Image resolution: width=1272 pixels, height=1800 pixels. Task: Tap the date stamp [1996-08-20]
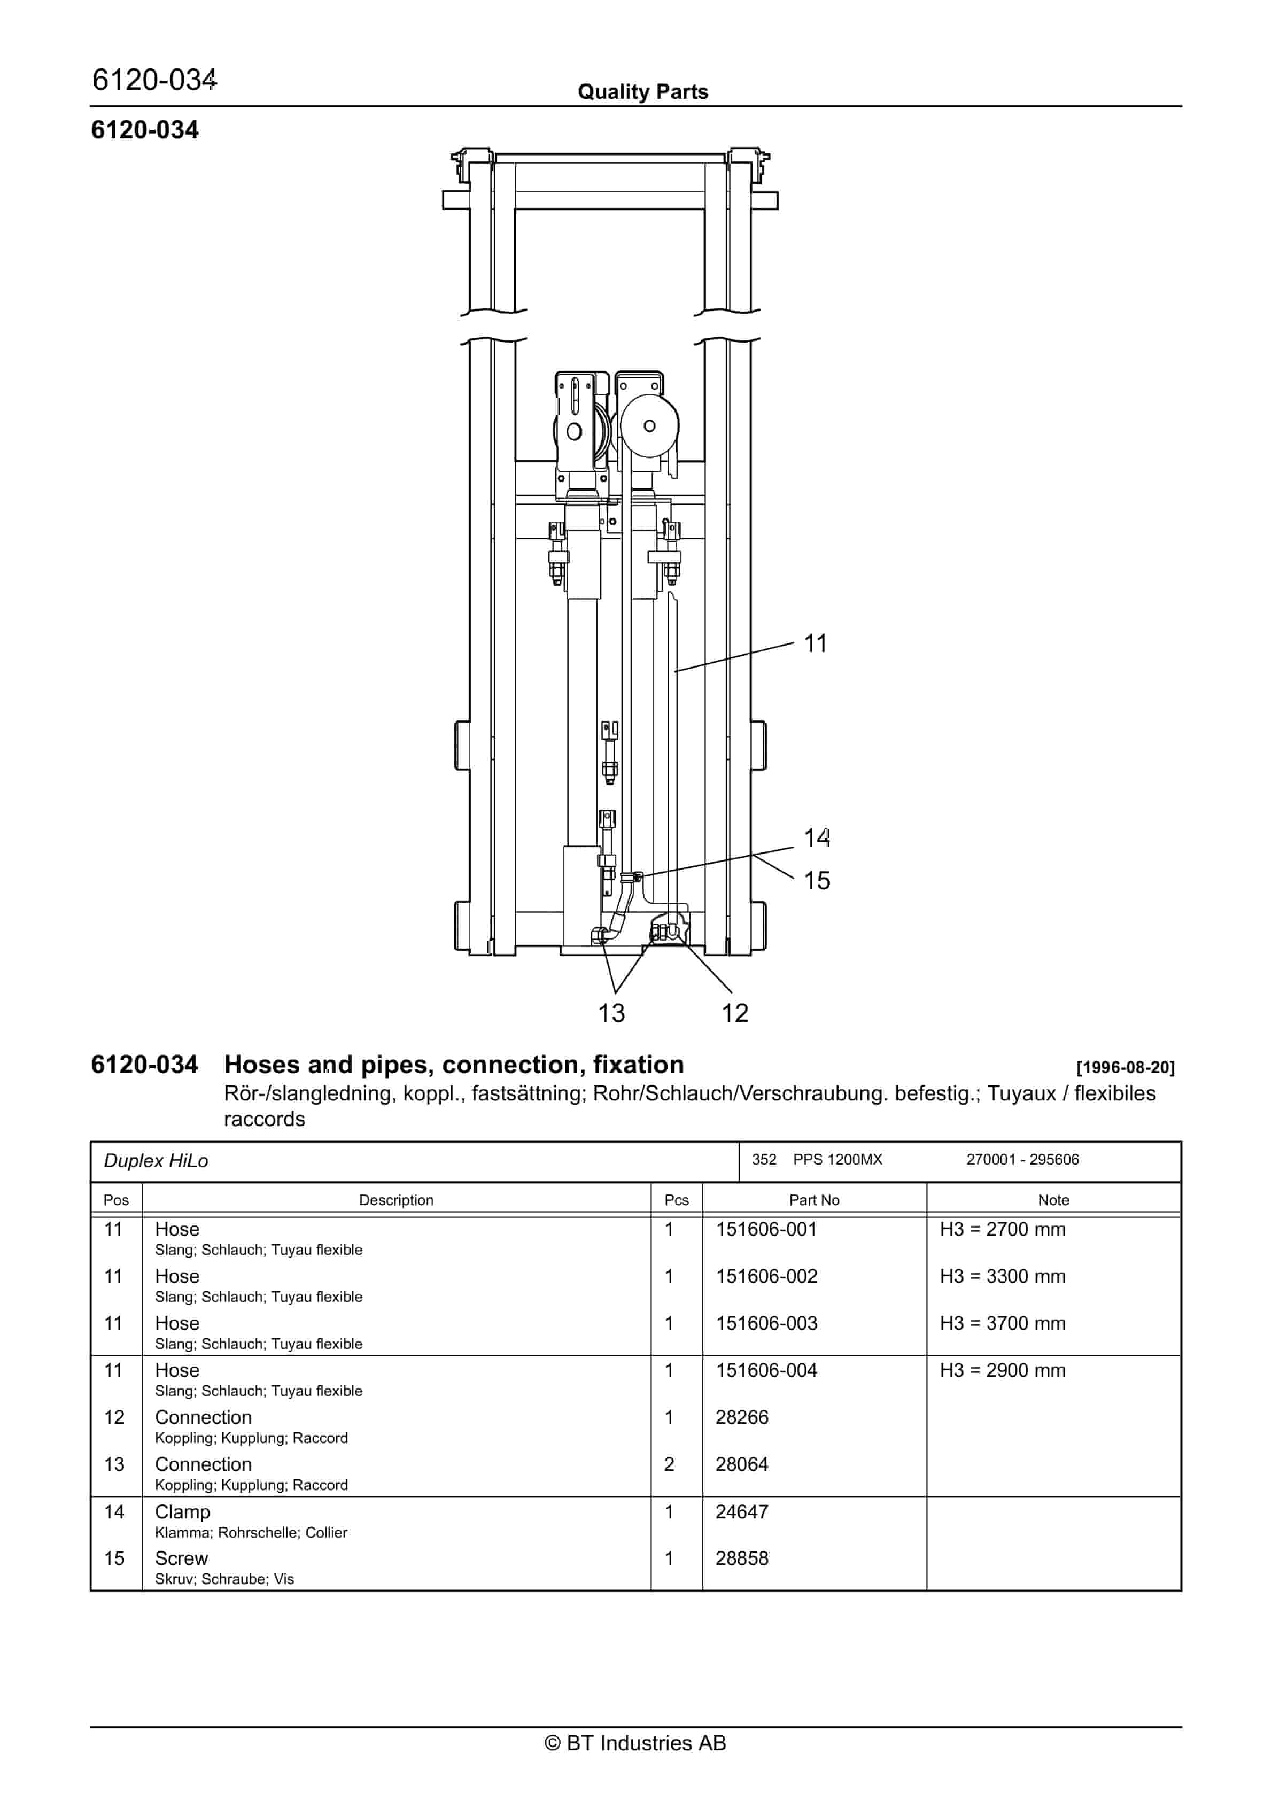click(1124, 1068)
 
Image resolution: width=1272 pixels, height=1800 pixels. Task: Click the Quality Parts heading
click(642, 92)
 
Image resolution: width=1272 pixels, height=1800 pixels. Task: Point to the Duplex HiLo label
click(156, 1161)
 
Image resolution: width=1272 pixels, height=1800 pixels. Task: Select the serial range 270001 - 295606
click(1022, 1160)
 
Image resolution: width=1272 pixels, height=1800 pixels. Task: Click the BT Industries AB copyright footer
click(635, 1743)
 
